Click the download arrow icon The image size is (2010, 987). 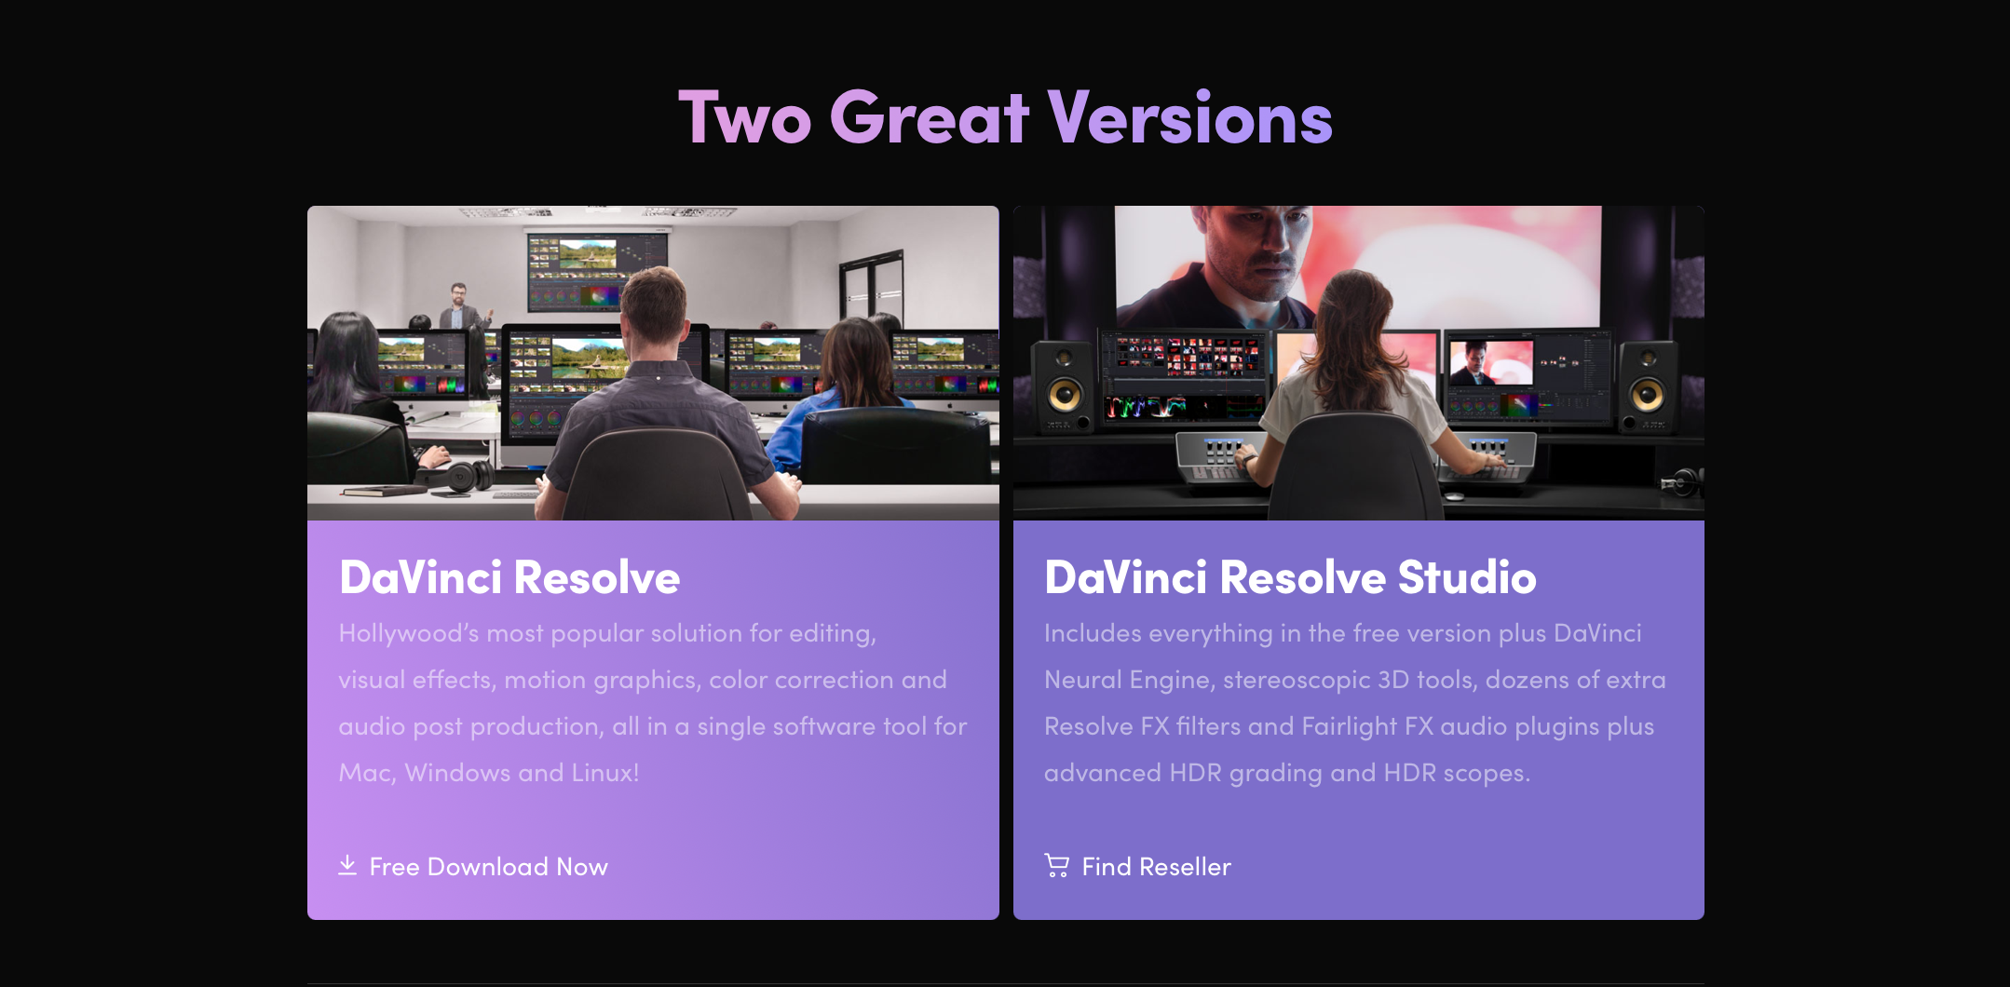(x=347, y=866)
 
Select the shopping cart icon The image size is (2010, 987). (x=1057, y=866)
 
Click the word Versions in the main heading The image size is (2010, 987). (x=1190, y=118)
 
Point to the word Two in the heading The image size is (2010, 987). (x=745, y=118)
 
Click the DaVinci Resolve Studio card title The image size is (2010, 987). (x=1290, y=577)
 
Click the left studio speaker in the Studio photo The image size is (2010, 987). (x=1065, y=386)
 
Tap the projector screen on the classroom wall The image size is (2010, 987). (x=597, y=271)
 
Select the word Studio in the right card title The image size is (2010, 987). (x=1467, y=577)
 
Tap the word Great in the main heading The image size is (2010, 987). (x=930, y=118)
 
